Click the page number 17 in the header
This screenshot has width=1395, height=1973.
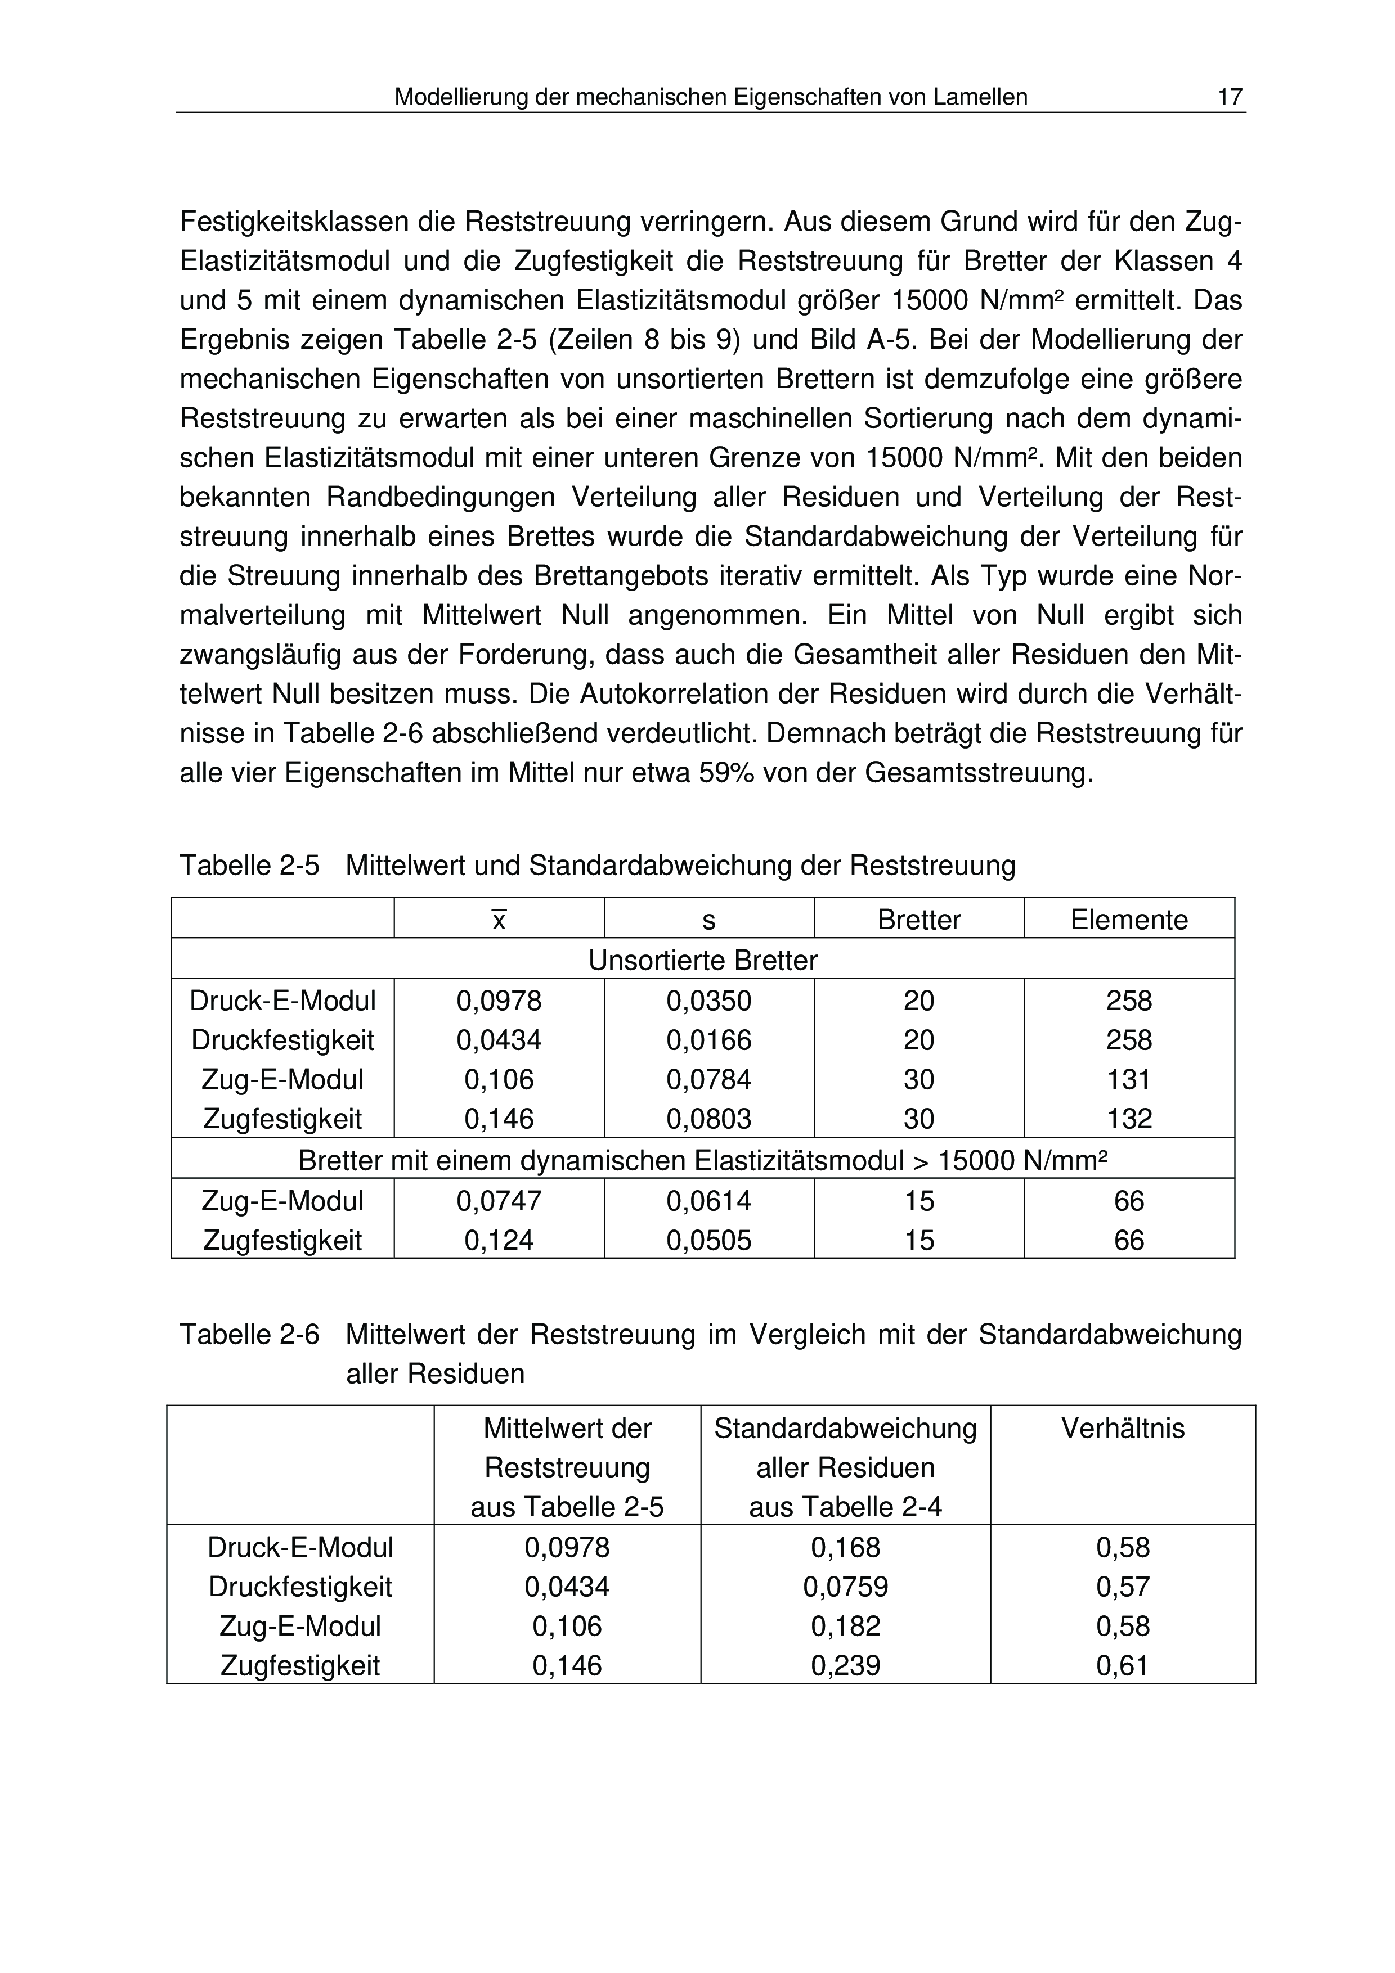coord(1230,97)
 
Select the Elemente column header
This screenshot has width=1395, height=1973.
coord(1129,920)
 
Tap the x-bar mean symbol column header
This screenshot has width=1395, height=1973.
coord(499,920)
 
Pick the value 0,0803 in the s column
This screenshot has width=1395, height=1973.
coord(708,1119)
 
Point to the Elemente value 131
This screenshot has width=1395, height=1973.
coord(1129,1079)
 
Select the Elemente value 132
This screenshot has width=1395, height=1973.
coord(1129,1119)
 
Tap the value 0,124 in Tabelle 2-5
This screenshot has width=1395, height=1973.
coord(499,1240)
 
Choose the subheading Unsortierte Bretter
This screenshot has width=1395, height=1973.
coord(702,960)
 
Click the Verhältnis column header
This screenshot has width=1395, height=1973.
coord(1123,1428)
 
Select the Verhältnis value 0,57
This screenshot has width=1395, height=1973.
coord(1123,1586)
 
